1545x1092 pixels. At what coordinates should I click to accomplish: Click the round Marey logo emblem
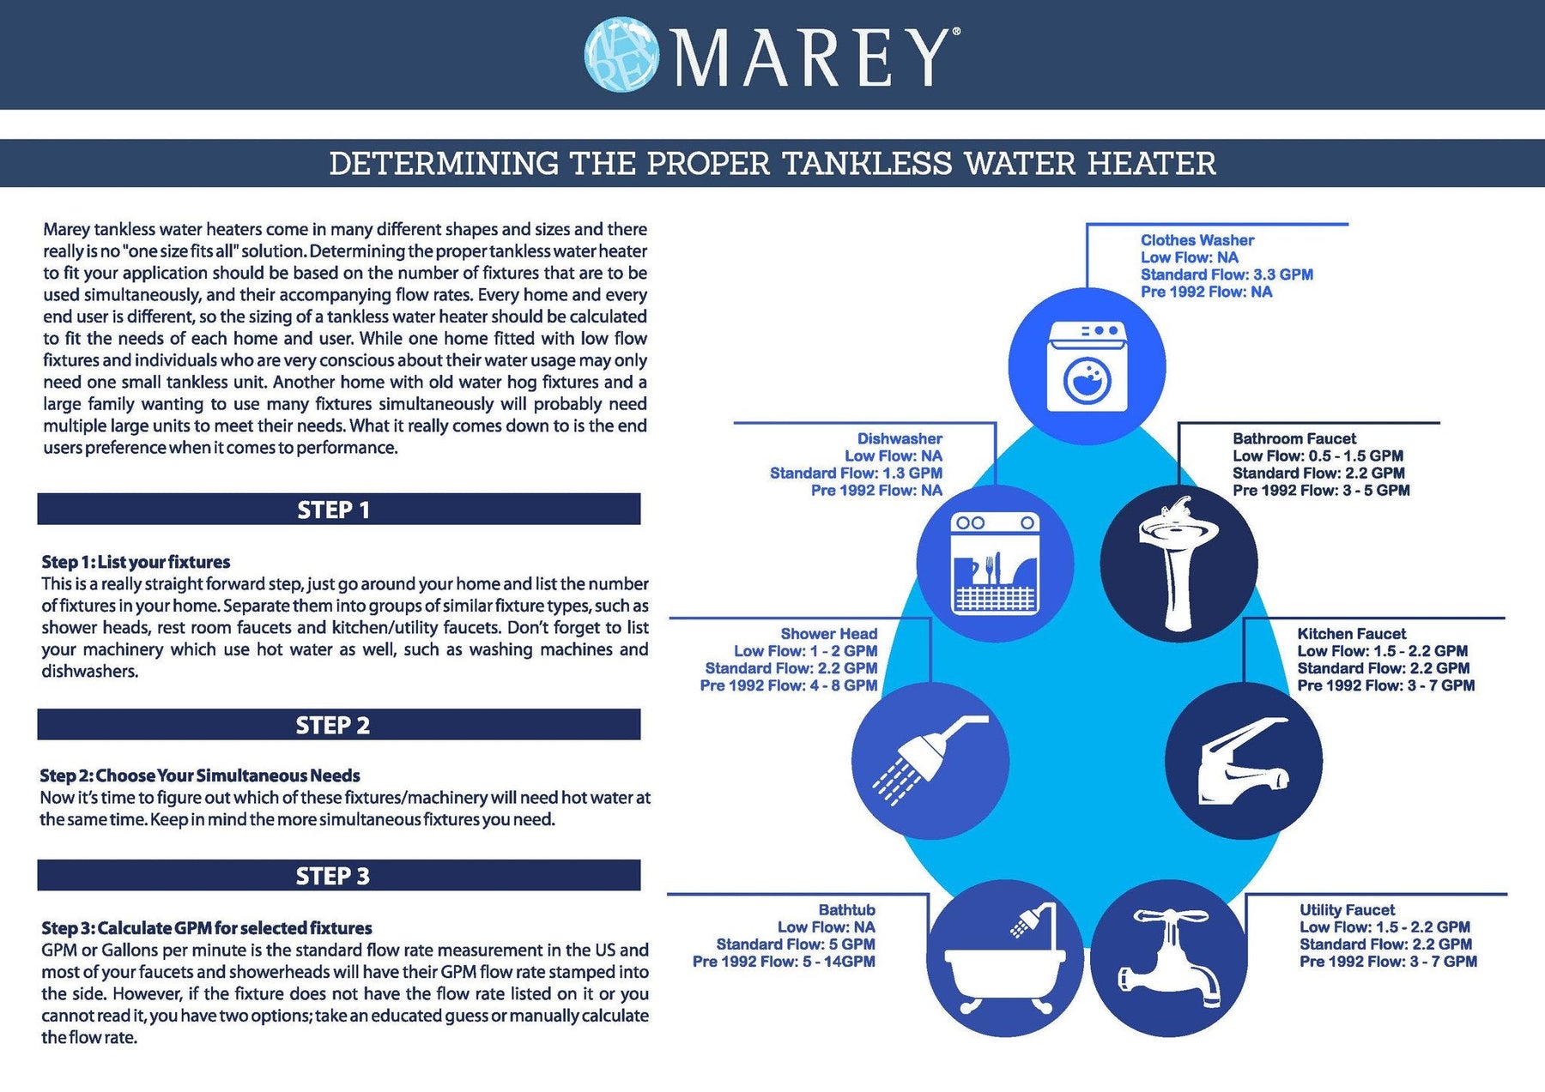621,55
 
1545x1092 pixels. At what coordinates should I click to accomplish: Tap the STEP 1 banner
339,509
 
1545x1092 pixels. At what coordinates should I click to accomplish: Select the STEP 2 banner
339,725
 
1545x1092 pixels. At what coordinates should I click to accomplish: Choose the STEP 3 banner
339,875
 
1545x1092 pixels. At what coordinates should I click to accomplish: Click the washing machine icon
1088,365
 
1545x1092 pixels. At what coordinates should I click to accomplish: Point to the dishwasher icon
996,563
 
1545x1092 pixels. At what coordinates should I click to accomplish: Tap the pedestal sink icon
1178,562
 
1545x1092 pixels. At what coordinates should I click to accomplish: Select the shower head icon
930,759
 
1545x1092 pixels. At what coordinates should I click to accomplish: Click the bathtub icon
1005,956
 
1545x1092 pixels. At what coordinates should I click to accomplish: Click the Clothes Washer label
1197,240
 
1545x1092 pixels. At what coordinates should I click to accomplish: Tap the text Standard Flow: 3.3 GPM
1227,275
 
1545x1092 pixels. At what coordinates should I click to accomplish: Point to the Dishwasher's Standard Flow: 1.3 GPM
856,473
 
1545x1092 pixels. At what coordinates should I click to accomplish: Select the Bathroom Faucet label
1294,438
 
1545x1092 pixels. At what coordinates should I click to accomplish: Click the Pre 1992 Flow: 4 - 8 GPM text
789,685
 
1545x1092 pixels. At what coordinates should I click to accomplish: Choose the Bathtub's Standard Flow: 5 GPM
796,944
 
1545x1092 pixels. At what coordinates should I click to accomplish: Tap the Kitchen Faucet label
1351,634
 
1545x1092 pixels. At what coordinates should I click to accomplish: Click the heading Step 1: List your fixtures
136,562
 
